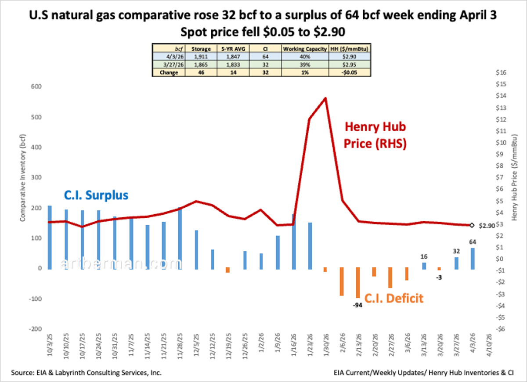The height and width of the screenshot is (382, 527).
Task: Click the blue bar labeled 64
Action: point(473,258)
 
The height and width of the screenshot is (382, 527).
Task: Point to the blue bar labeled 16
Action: point(424,266)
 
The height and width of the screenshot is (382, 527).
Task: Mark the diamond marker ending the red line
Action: point(472,225)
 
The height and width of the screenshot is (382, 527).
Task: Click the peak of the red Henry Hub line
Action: point(325,98)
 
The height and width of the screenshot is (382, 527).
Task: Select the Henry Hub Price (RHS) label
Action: point(375,135)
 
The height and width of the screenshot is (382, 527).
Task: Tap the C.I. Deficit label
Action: point(393,299)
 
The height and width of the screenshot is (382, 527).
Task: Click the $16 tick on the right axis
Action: point(502,72)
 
